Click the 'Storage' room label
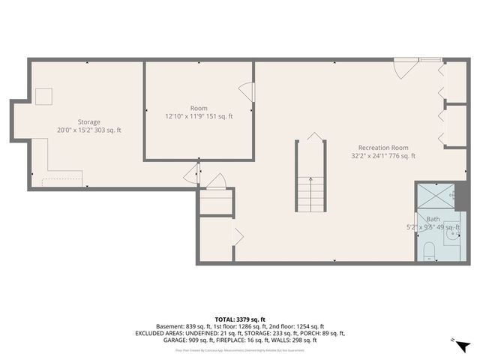(x=88, y=121)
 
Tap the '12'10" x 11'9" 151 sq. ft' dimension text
(x=199, y=116)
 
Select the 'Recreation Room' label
(x=383, y=148)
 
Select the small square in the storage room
(x=43, y=95)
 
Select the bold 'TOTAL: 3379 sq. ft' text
(x=240, y=319)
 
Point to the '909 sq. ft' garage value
(x=202, y=340)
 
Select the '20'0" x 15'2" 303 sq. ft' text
(x=88, y=130)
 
